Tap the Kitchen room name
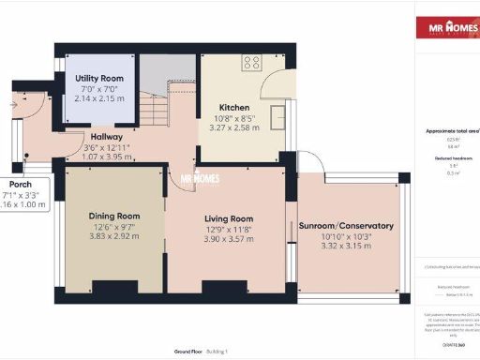(x=233, y=108)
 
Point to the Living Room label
(x=230, y=217)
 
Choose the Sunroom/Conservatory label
(x=346, y=226)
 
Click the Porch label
(x=21, y=184)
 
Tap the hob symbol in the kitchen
(x=251, y=63)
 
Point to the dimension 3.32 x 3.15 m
(x=346, y=247)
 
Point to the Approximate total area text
(x=448, y=132)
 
